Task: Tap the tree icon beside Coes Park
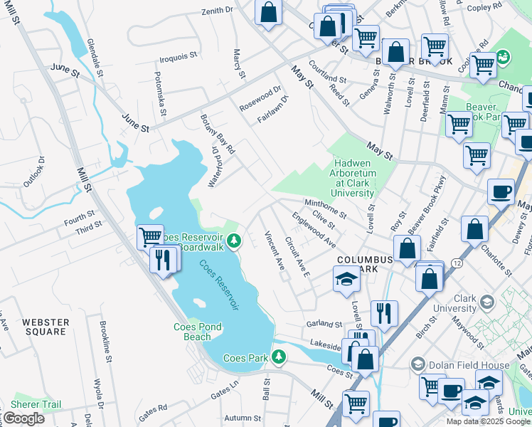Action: click(280, 357)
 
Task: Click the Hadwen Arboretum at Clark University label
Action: click(352, 179)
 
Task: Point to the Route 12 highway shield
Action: click(455, 263)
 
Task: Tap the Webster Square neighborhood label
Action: click(46, 327)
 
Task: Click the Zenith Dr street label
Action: click(217, 11)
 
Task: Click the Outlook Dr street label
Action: click(33, 172)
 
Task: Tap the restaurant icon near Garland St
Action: click(384, 312)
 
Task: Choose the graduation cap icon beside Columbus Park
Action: click(346, 279)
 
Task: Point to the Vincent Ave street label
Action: click(275, 250)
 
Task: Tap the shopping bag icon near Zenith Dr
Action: click(268, 12)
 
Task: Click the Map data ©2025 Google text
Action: click(487, 421)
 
